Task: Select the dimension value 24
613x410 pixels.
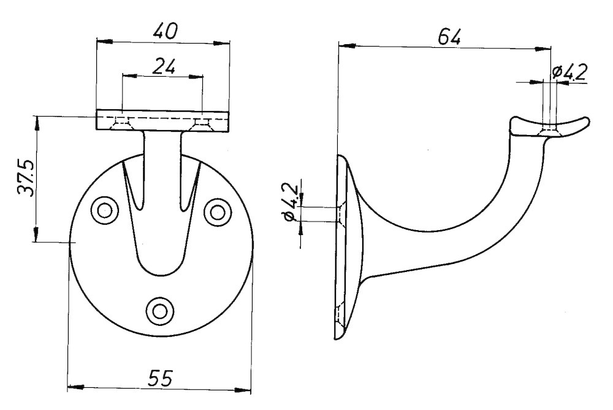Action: click(162, 66)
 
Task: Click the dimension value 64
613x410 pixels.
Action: click(449, 37)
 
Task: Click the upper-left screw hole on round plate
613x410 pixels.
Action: click(104, 211)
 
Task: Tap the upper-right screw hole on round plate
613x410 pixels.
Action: click(216, 211)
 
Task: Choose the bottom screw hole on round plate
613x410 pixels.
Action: click(161, 309)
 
